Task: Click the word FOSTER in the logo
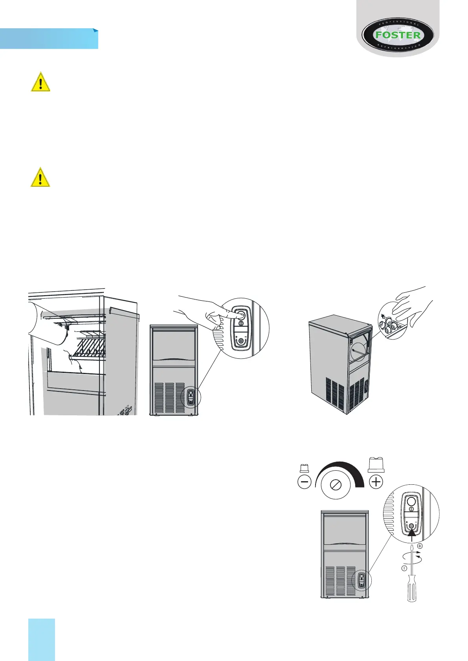[398, 35]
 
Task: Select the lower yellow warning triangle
[40, 177]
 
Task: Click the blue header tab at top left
[49, 38]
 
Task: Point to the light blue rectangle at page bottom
[42, 639]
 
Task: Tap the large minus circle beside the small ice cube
[305, 482]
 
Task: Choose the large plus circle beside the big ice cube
[376, 482]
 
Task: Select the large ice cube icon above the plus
[376, 465]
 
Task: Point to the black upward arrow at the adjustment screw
[411, 535]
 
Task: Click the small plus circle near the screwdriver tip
[420, 546]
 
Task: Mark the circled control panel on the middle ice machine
[191, 396]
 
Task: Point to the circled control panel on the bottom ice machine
[361, 580]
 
